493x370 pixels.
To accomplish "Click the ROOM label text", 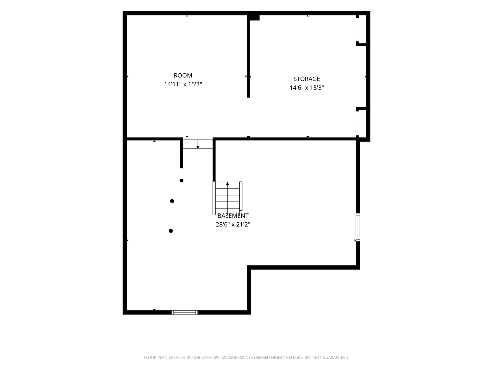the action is pyautogui.click(x=183, y=75).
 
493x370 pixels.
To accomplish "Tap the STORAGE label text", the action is pyautogui.click(x=306, y=79).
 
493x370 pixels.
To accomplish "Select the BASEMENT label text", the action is pyautogui.click(x=233, y=216).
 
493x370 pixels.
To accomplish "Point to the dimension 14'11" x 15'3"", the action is pyautogui.click(x=183, y=84).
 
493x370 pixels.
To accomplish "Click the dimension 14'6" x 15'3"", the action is pyautogui.click(x=306, y=88).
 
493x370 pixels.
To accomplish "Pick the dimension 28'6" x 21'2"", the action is pyautogui.click(x=233, y=224).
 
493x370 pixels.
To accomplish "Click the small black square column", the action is pyautogui.click(x=181, y=181).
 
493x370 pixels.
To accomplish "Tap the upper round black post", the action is pyautogui.click(x=172, y=201).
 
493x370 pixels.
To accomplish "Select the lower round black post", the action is pyautogui.click(x=171, y=231).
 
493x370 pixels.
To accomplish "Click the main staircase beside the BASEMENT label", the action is pyautogui.click(x=227, y=198).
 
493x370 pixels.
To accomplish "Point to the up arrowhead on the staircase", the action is pyautogui.click(x=227, y=184).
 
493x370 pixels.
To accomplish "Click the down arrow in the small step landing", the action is pyautogui.click(x=198, y=144).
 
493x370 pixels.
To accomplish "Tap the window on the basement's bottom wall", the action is pyautogui.click(x=185, y=312).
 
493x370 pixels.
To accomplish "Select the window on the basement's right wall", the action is pyautogui.click(x=358, y=227).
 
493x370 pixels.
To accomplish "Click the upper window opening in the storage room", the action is pyautogui.click(x=357, y=30).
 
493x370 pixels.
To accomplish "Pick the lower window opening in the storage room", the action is pyautogui.click(x=357, y=123).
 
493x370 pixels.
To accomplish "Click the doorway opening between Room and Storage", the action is pyautogui.click(x=249, y=117).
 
